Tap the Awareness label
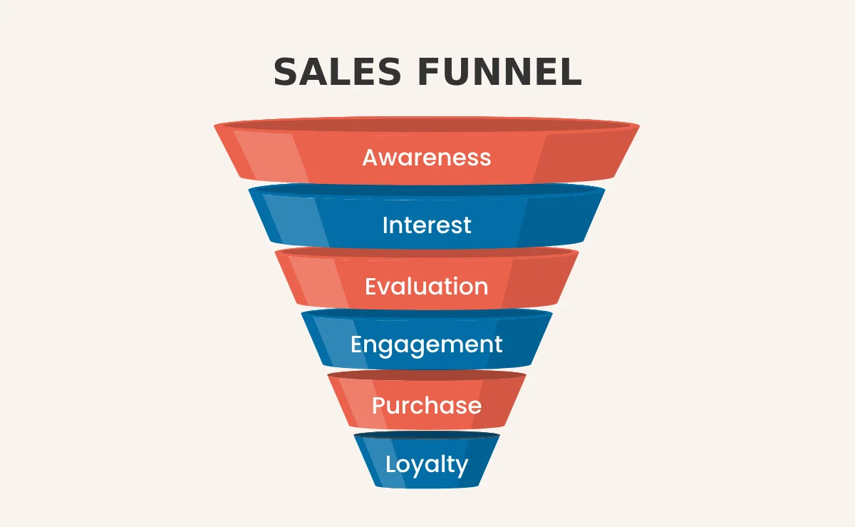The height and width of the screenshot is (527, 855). click(x=427, y=157)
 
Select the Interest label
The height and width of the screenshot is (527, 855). click(x=427, y=225)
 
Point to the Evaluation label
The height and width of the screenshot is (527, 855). click(x=427, y=287)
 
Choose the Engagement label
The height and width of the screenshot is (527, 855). click(x=427, y=344)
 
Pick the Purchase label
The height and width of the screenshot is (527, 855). click(x=427, y=406)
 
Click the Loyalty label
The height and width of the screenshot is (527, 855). click(x=427, y=464)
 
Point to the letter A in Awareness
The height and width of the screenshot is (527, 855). click(x=371, y=157)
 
